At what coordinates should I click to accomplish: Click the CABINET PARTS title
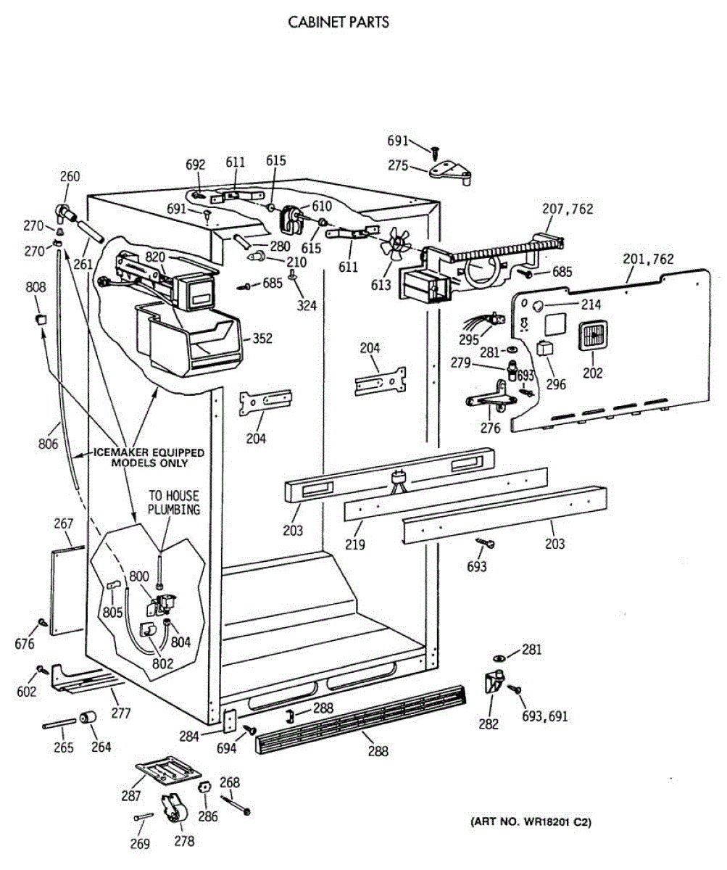(338, 22)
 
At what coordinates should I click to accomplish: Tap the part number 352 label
(262, 339)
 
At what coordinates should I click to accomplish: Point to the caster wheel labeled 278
(173, 810)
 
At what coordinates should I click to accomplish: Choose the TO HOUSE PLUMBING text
(173, 502)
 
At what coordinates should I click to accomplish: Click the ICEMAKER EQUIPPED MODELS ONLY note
(149, 457)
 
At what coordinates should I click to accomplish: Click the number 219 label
(355, 544)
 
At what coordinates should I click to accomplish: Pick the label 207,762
(568, 210)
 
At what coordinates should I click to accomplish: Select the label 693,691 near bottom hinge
(545, 716)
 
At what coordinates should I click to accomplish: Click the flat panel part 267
(67, 592)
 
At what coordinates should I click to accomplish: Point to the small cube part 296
(544, 347)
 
